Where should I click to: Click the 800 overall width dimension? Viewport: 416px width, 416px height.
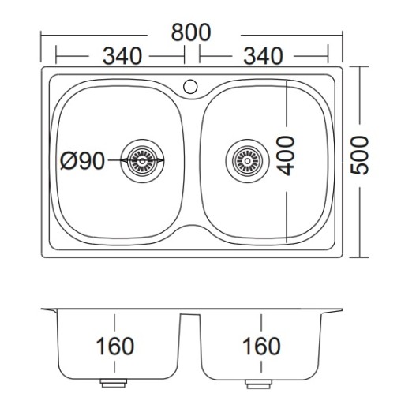(x=191, y=32)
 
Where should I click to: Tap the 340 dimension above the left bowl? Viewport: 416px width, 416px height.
(x=122, y=56)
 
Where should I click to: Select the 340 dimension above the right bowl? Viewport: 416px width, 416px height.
(x=263, y=56)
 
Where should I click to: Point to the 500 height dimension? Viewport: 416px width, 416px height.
(x=359, y=156)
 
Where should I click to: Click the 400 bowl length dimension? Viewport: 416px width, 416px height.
(x=286, y=156)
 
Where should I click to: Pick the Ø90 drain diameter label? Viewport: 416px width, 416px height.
(x=83, y=161)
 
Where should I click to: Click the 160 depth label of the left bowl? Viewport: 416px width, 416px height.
(x=115, y=346)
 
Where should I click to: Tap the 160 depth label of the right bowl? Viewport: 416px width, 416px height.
(x=261, y=346)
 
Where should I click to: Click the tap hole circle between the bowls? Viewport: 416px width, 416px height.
(x=190, y=87)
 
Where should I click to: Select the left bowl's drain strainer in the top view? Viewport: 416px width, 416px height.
(x=142, y=161)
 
